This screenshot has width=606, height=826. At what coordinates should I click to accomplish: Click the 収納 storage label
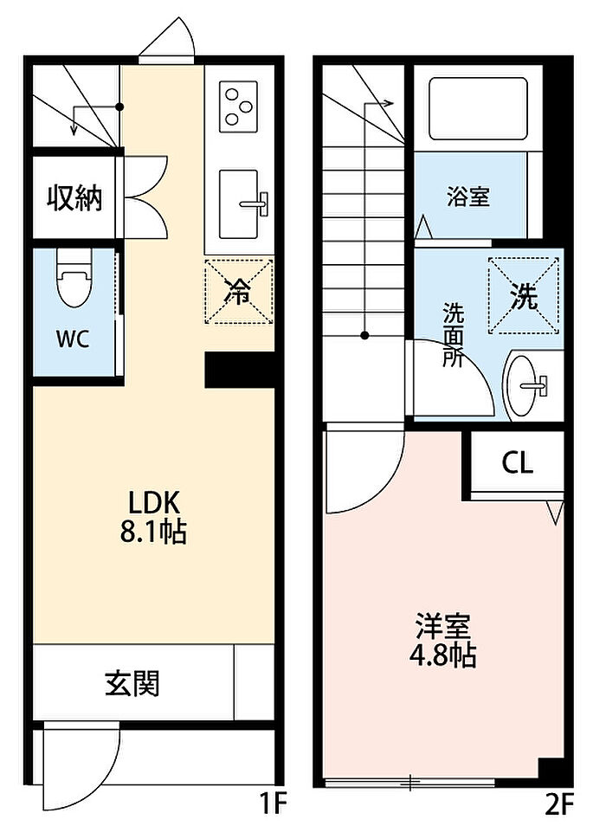(74, 198)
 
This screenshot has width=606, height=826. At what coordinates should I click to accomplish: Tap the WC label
(74, 339)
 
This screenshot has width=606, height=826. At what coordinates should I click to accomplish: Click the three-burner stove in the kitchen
(238, 106)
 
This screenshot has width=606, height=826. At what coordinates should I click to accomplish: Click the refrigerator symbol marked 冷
(239, 291)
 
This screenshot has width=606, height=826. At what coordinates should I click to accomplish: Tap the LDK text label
(155, 503)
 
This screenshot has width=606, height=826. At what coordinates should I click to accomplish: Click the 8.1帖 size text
(153, 532)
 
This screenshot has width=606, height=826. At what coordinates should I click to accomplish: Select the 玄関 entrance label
(132, 683)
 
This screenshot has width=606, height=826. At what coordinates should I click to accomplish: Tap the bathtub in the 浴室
(478, 108)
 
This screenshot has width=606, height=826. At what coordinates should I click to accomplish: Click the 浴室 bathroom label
(468, 197)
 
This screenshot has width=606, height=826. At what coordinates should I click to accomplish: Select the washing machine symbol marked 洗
(524, 295)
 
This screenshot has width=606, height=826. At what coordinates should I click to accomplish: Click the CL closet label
(517, 462)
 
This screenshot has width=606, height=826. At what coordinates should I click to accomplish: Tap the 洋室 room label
(442, 626)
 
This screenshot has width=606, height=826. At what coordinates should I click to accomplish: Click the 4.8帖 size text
(442, 655)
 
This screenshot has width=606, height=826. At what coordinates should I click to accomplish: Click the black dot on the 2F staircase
(364, 335)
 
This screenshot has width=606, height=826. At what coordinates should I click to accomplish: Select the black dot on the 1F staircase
(119, 107)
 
